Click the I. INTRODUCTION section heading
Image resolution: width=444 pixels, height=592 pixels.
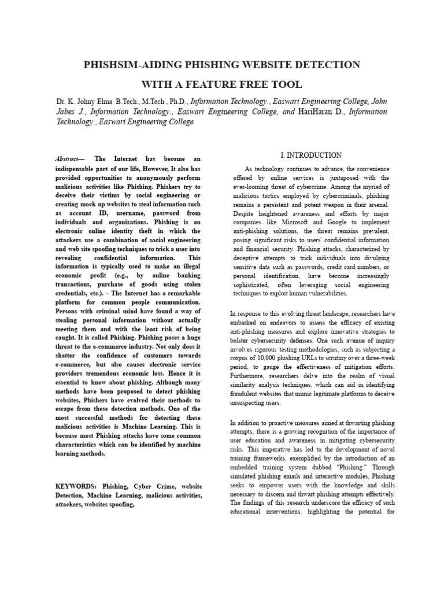pyautogui.click(x=311, y=156)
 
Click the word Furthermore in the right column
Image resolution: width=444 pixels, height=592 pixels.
pyautogui.click(x=249, y=376)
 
